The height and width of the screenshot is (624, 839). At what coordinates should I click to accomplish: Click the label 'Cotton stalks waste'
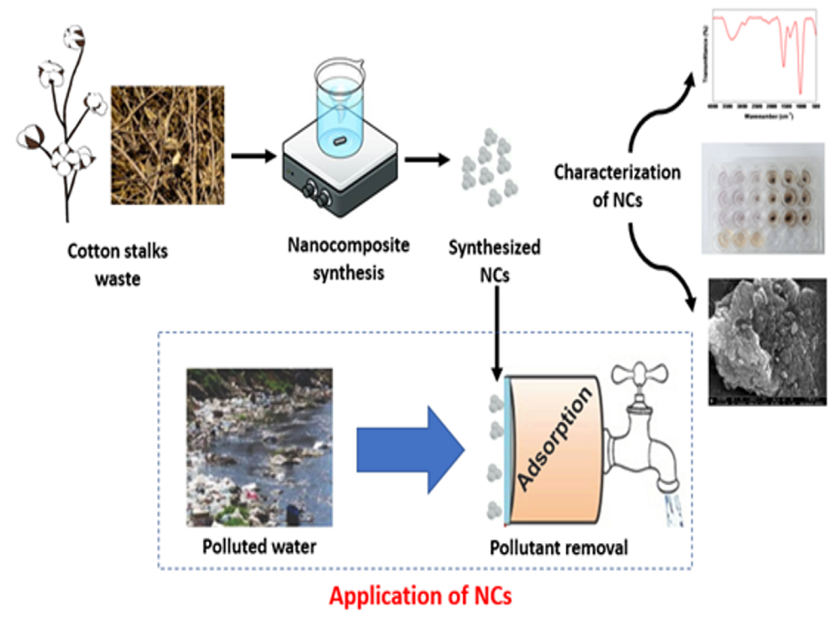click(117, 264)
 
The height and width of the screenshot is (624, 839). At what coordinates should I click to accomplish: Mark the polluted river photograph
click(259, 447)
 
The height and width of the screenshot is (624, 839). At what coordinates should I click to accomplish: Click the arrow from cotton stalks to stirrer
click(253, 154)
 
